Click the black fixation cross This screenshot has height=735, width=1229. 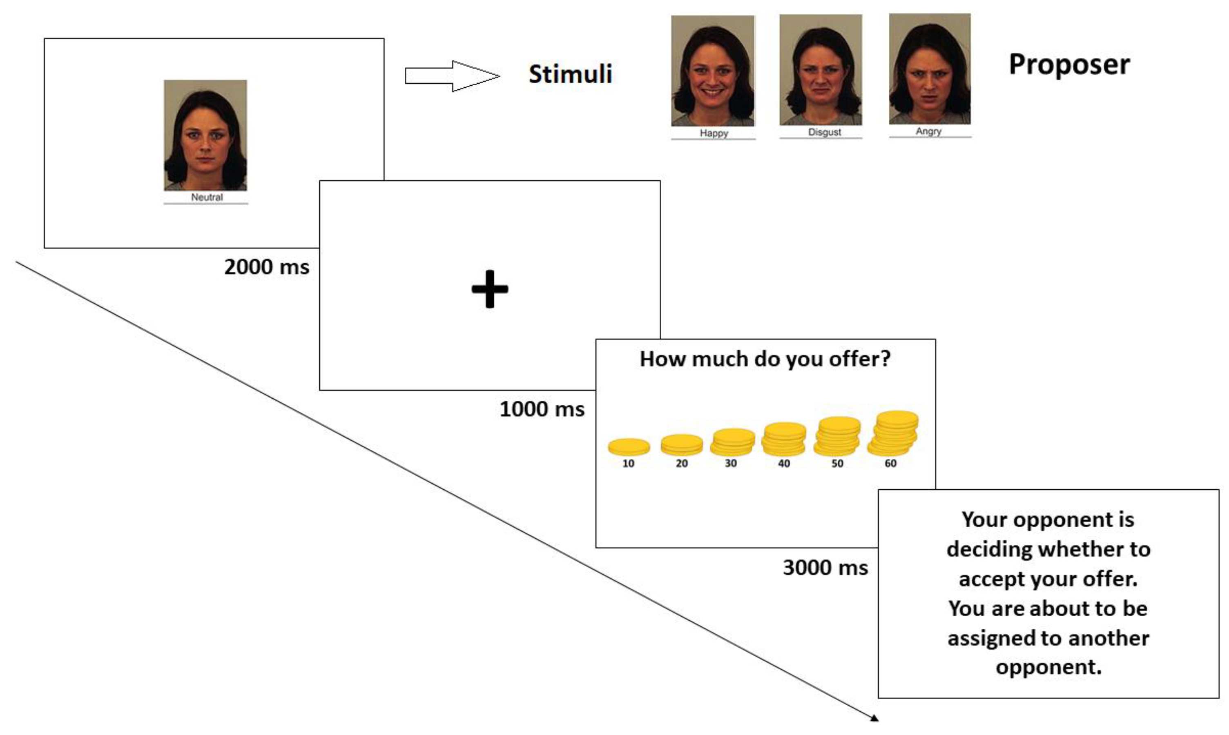[x=490, y=289]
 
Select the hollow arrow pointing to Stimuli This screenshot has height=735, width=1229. [x=452, y=76]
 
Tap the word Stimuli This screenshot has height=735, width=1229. [x=571, y=74]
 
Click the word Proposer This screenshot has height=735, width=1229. [x=1069, y=65]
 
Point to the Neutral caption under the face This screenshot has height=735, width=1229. [x=207, y=197]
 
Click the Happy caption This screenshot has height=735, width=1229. [x=714, y=133]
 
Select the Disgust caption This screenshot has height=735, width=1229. [x=824, y=132]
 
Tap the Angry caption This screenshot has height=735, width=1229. [x=928, y=131]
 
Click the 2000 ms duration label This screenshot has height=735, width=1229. [x=267, y=267]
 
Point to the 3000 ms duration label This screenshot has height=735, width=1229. [x=825, y=568]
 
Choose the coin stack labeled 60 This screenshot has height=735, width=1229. [x=893, y=433]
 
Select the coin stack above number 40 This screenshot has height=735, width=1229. [x=783, y=439]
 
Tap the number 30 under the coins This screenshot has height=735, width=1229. [x=730, y=464]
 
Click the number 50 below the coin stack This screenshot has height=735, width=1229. [x=837, y=464]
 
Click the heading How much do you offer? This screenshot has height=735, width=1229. [x=765, y=360]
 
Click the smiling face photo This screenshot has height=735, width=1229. [x=713, y=71]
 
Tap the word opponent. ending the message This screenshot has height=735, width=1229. [x=1048, y=667]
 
